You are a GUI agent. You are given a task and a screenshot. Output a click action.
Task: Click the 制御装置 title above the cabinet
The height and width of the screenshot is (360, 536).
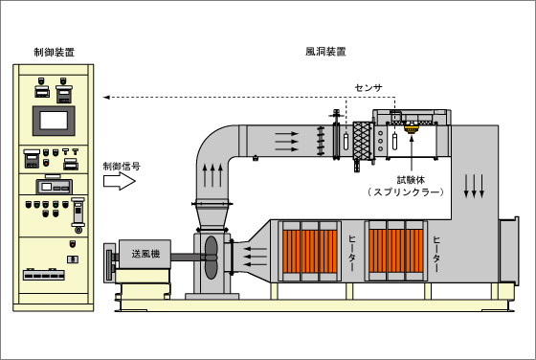(x=54, y=52)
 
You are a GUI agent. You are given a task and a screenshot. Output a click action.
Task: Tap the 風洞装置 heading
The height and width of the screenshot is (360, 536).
(x=325, y=52)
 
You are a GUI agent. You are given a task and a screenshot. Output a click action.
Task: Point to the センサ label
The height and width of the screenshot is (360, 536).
(x=368, y=88)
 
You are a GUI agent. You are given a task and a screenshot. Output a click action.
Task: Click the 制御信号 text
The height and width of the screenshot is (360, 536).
(x=122, y=167)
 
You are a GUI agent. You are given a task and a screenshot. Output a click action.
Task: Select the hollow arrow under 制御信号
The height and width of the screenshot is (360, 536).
(x=120, y=181)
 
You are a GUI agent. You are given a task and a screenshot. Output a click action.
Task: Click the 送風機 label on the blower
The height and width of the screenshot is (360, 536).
(x=145, y=254)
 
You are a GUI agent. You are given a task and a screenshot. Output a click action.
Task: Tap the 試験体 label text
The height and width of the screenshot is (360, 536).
(x=411, y=180)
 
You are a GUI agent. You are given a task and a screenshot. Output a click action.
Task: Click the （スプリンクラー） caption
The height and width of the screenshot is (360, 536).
(x=406, y=192)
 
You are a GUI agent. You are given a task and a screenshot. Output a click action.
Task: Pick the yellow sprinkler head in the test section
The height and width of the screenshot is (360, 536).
(x=412, y=128)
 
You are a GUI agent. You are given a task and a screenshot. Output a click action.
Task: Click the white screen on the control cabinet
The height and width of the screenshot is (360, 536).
(x=54, y=121)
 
